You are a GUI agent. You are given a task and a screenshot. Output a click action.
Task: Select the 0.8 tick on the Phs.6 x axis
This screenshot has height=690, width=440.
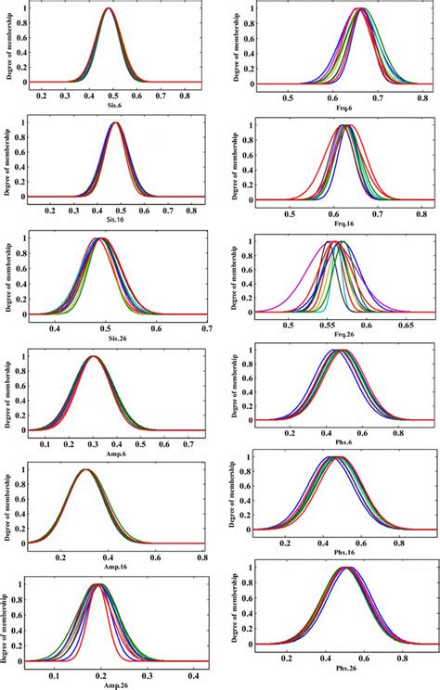point(400,432)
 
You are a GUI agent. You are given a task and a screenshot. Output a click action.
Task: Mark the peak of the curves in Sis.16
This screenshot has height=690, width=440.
point(116,123)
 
